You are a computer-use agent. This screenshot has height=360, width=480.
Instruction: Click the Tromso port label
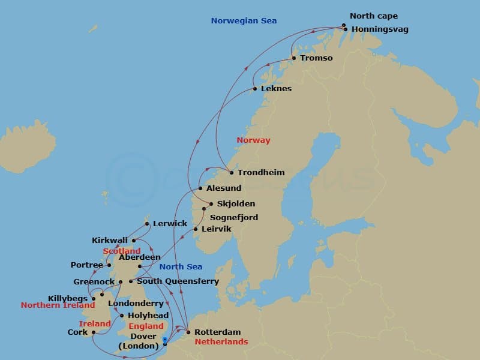click(316, 58)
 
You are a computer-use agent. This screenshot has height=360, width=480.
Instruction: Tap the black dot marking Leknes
click(255, 89)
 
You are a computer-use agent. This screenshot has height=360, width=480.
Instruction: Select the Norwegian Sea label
click(244, 21)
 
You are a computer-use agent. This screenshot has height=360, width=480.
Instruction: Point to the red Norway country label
click(253, 140)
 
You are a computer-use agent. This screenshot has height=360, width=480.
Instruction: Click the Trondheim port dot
click(232, 173)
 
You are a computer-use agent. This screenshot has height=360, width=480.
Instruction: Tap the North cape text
click(374, 16)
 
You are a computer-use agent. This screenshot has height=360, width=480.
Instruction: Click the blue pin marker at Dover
click(165, 340)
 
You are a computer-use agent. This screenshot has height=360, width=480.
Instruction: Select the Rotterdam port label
click(218, 332)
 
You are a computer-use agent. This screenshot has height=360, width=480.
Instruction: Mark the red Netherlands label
click(221, 342)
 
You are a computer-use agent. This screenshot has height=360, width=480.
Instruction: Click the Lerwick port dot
click(147, 224)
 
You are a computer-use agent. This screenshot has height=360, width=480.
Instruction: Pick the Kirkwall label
click(110, 240)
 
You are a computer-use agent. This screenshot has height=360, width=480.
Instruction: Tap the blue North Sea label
click(181, 267)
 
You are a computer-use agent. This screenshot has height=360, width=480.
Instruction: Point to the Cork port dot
click(94, 332)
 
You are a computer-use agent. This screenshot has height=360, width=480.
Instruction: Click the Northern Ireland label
click(58, 305)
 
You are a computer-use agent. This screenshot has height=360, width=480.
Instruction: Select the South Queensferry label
click(178, 281)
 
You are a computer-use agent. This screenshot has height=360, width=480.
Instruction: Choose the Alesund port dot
click(200, 188)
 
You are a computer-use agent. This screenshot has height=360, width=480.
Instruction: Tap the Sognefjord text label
click(234, 217)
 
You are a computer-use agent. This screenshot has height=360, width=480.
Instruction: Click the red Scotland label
click(122, 251)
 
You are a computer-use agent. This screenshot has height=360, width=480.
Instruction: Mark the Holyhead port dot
click(122, 316)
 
